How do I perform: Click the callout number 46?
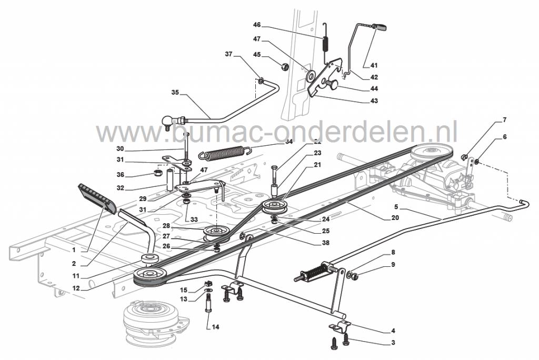point(257,25)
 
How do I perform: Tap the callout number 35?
point(175,93)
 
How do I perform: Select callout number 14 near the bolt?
point(215,327)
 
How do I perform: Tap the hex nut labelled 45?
point(282,67)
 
